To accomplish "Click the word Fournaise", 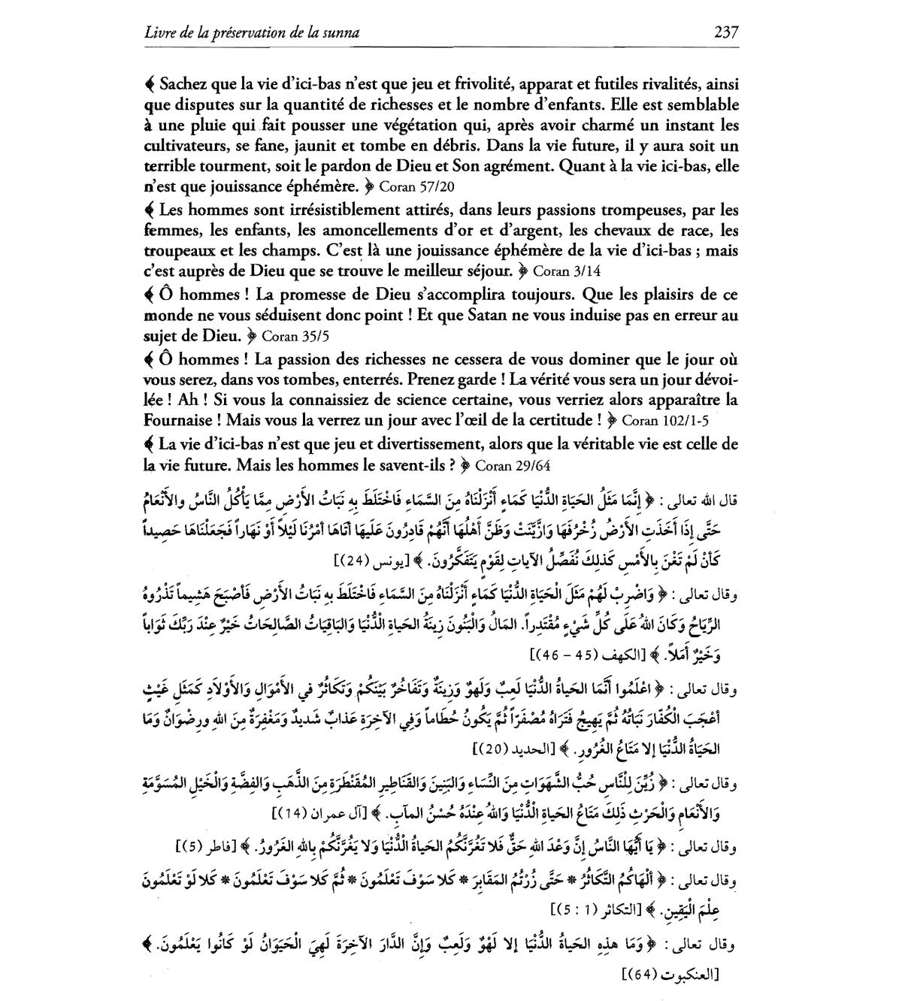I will pos(181,419).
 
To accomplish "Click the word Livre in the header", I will pos(160,32).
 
